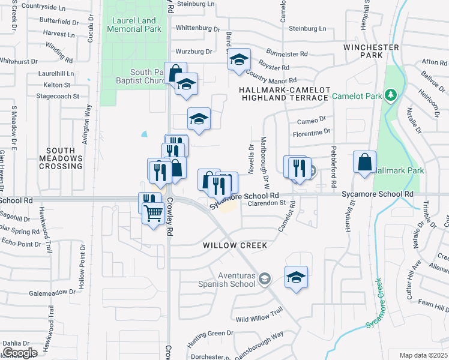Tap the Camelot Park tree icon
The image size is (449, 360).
pyautogui.click(x=391, y=95)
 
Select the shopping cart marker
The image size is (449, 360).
pyautogui.click(x=154, y=212)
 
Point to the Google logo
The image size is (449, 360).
pyautogui.click(x=20, y=352)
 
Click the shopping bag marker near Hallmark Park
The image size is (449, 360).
pyautogui.click(x=364, y=162)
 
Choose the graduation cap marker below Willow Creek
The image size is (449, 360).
pyautogui.click(x=296, y=277)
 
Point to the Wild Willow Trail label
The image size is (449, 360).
pyautogui.click(x=259, y=320)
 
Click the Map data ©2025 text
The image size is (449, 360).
pyautogui.click(x=423, y=355)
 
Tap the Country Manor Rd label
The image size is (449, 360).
pyautogui.click(x=271, y=79)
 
